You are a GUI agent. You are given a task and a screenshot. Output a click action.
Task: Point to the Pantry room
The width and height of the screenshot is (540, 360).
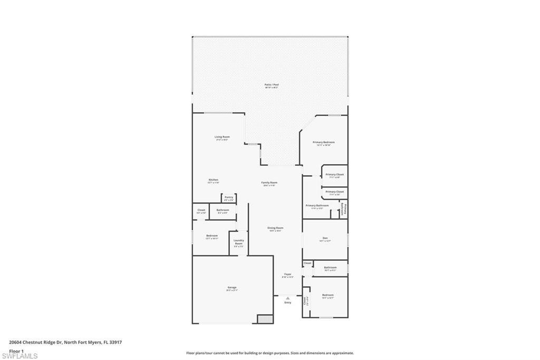(228, 198)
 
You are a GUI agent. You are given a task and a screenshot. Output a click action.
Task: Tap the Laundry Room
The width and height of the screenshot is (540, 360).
(238, 243)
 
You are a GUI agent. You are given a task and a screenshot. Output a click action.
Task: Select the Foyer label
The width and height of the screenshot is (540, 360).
(288, 275)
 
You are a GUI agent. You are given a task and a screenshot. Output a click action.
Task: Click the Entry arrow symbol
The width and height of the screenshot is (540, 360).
(287, 298)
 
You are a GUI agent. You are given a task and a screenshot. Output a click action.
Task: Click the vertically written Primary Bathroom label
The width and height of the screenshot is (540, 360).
(343, 209)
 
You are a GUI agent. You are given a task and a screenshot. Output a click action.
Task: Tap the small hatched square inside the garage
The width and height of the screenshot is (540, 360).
(264, 319)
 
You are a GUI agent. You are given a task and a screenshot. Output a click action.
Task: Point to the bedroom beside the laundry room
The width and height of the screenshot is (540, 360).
(212, 236)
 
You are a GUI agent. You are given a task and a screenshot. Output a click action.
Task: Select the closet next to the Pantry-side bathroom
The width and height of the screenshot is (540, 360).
(201, 211)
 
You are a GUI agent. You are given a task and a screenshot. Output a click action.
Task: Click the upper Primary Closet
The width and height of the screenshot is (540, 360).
(334, 176)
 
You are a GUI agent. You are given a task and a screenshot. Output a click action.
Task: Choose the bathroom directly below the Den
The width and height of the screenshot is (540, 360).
(330, 268)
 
